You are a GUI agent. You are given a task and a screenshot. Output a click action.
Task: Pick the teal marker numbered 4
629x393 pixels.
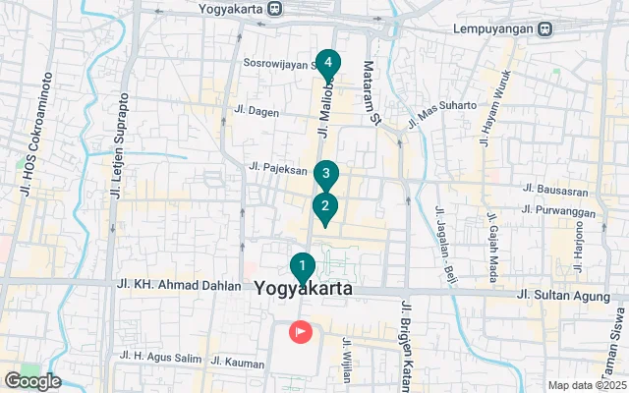point(327,64)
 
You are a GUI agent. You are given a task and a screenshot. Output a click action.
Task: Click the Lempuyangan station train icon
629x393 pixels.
point(544,28)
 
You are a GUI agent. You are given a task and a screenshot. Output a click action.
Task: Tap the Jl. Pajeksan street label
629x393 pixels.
point(279,168)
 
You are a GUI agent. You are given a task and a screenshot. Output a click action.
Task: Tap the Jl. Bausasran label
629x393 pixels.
point(556,188)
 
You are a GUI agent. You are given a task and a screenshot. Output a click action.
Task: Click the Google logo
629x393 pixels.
point(31,381)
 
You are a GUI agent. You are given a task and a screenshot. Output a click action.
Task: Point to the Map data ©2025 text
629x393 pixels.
point(585,385)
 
